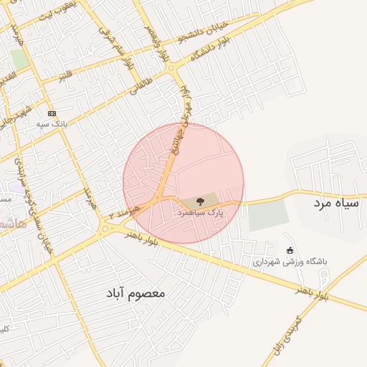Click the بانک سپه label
pyautogui.click(x=52, y=123)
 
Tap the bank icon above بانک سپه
pyautogui.click(x=52, y=113)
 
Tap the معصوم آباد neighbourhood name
pyautogui.click(x=136, y=293)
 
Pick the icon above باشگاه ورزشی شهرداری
pyautogui.click(x=289, y=250)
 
